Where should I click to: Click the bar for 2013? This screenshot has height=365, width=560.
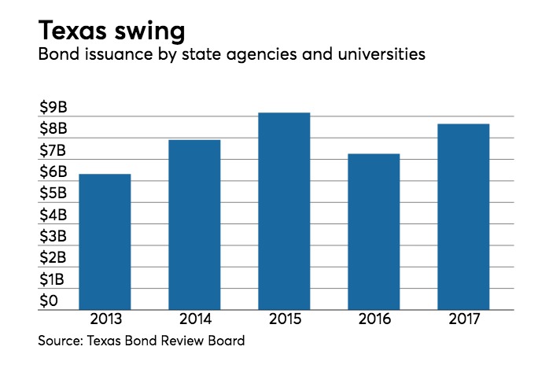105,242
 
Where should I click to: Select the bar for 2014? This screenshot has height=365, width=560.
194,225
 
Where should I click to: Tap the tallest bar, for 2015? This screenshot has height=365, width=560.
284,212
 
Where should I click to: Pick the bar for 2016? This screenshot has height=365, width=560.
374,232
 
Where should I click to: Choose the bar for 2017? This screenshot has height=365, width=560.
463,217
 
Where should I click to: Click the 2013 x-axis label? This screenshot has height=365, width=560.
105,322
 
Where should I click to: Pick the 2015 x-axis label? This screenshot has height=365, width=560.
284,322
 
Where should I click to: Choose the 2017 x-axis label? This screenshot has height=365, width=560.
463,322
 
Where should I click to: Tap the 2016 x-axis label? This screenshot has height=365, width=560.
374,322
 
